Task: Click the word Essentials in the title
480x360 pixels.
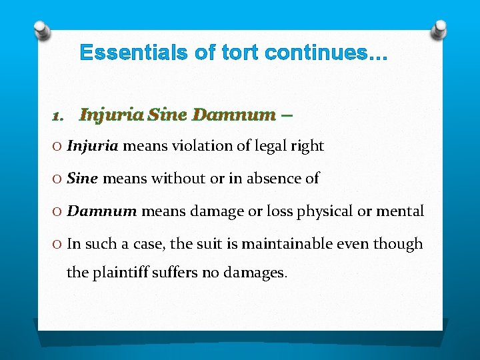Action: coord(134,53)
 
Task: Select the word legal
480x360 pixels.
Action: coord(273,146)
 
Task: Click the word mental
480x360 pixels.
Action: coord(401,211)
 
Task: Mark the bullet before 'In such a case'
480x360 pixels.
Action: coord(57,244)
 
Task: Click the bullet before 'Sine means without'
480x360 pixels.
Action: coord(57,179)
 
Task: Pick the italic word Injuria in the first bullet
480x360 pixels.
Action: coord(93,145)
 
